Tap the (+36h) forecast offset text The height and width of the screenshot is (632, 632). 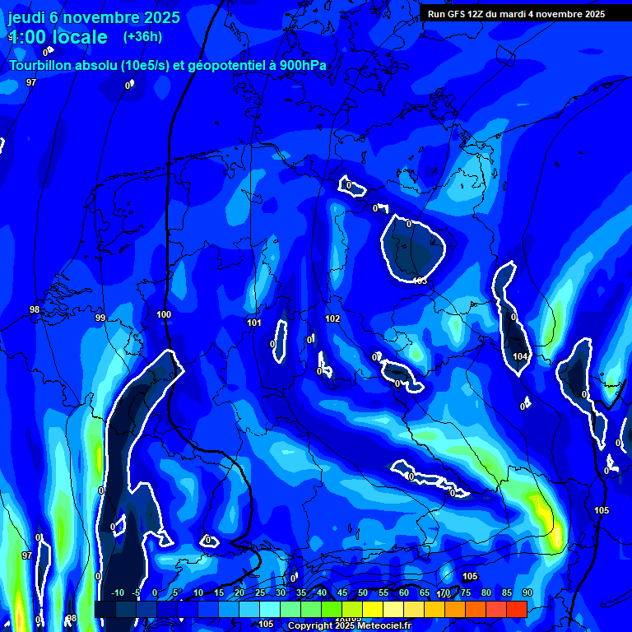[x=142, y=36]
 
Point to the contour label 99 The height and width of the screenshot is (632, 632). [x=100, y=318]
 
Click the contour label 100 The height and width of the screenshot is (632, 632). [x=164, y=314]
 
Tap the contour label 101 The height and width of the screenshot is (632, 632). [x=254, y=323]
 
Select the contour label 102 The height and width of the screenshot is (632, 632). [x=332, y=318]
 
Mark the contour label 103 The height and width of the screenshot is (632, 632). [x=420, y=281]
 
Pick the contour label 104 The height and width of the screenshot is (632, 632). [x=520, y=356]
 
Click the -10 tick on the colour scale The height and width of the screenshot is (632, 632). [x=117, y=592]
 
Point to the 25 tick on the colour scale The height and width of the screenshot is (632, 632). [x=259, y=592]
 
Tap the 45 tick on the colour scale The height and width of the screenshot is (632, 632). [x=342, y=592]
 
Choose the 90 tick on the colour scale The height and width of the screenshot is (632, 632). [x=527, y=592]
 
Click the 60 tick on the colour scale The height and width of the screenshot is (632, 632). [x=404, y=592]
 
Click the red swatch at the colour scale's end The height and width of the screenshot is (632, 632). [x=516, y=609]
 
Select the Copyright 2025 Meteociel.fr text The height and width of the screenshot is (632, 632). [x=349, y=625]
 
